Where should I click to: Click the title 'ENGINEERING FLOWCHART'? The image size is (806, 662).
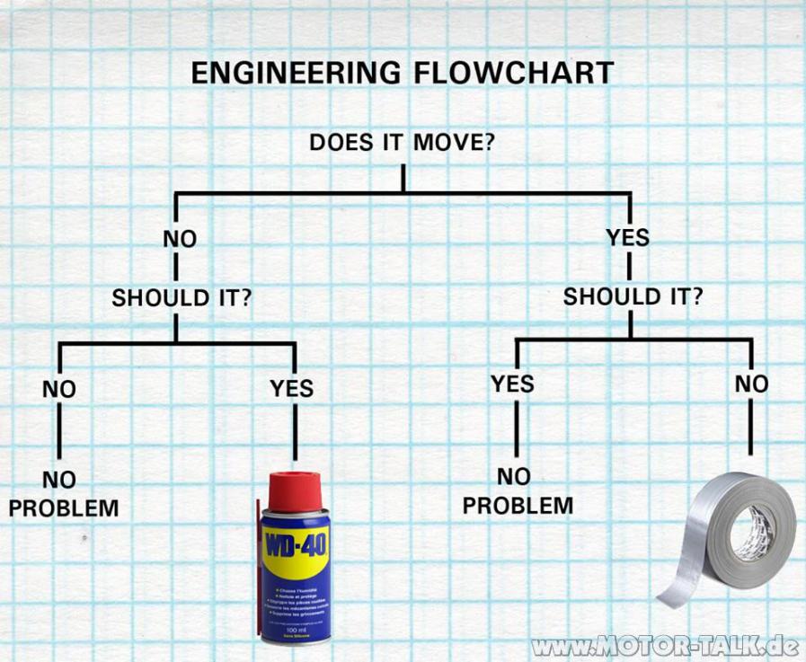tap(402, 73)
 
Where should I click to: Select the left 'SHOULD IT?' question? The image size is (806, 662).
tap(180, 298)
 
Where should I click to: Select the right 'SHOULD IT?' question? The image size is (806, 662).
tap(633, 296)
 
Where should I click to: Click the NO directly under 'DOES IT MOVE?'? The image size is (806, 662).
tap(179, 239)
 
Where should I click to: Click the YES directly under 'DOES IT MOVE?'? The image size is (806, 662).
tap(628, 238)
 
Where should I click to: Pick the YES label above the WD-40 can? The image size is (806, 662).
tap(292, 388)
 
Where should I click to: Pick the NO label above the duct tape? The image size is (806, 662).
tap(751, 384)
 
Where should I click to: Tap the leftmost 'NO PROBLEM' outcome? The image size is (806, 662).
tap(64, 494)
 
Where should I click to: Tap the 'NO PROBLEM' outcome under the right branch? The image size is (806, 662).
tap(518, 490)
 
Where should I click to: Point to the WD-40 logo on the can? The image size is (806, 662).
tap(296, 544)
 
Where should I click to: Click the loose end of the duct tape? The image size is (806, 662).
tap(674, 594)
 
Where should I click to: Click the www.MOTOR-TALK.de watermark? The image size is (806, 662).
tap(666, 646)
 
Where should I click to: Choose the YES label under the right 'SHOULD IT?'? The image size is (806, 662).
tap(512, 384)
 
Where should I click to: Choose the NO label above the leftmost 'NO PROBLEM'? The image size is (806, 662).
tap(59, 390)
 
